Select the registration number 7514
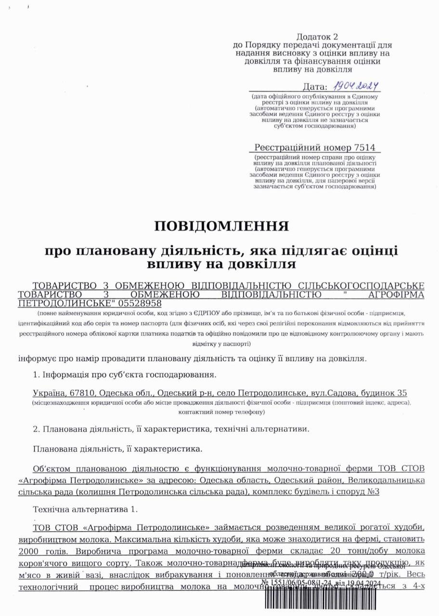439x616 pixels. (x=365, y=148)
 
